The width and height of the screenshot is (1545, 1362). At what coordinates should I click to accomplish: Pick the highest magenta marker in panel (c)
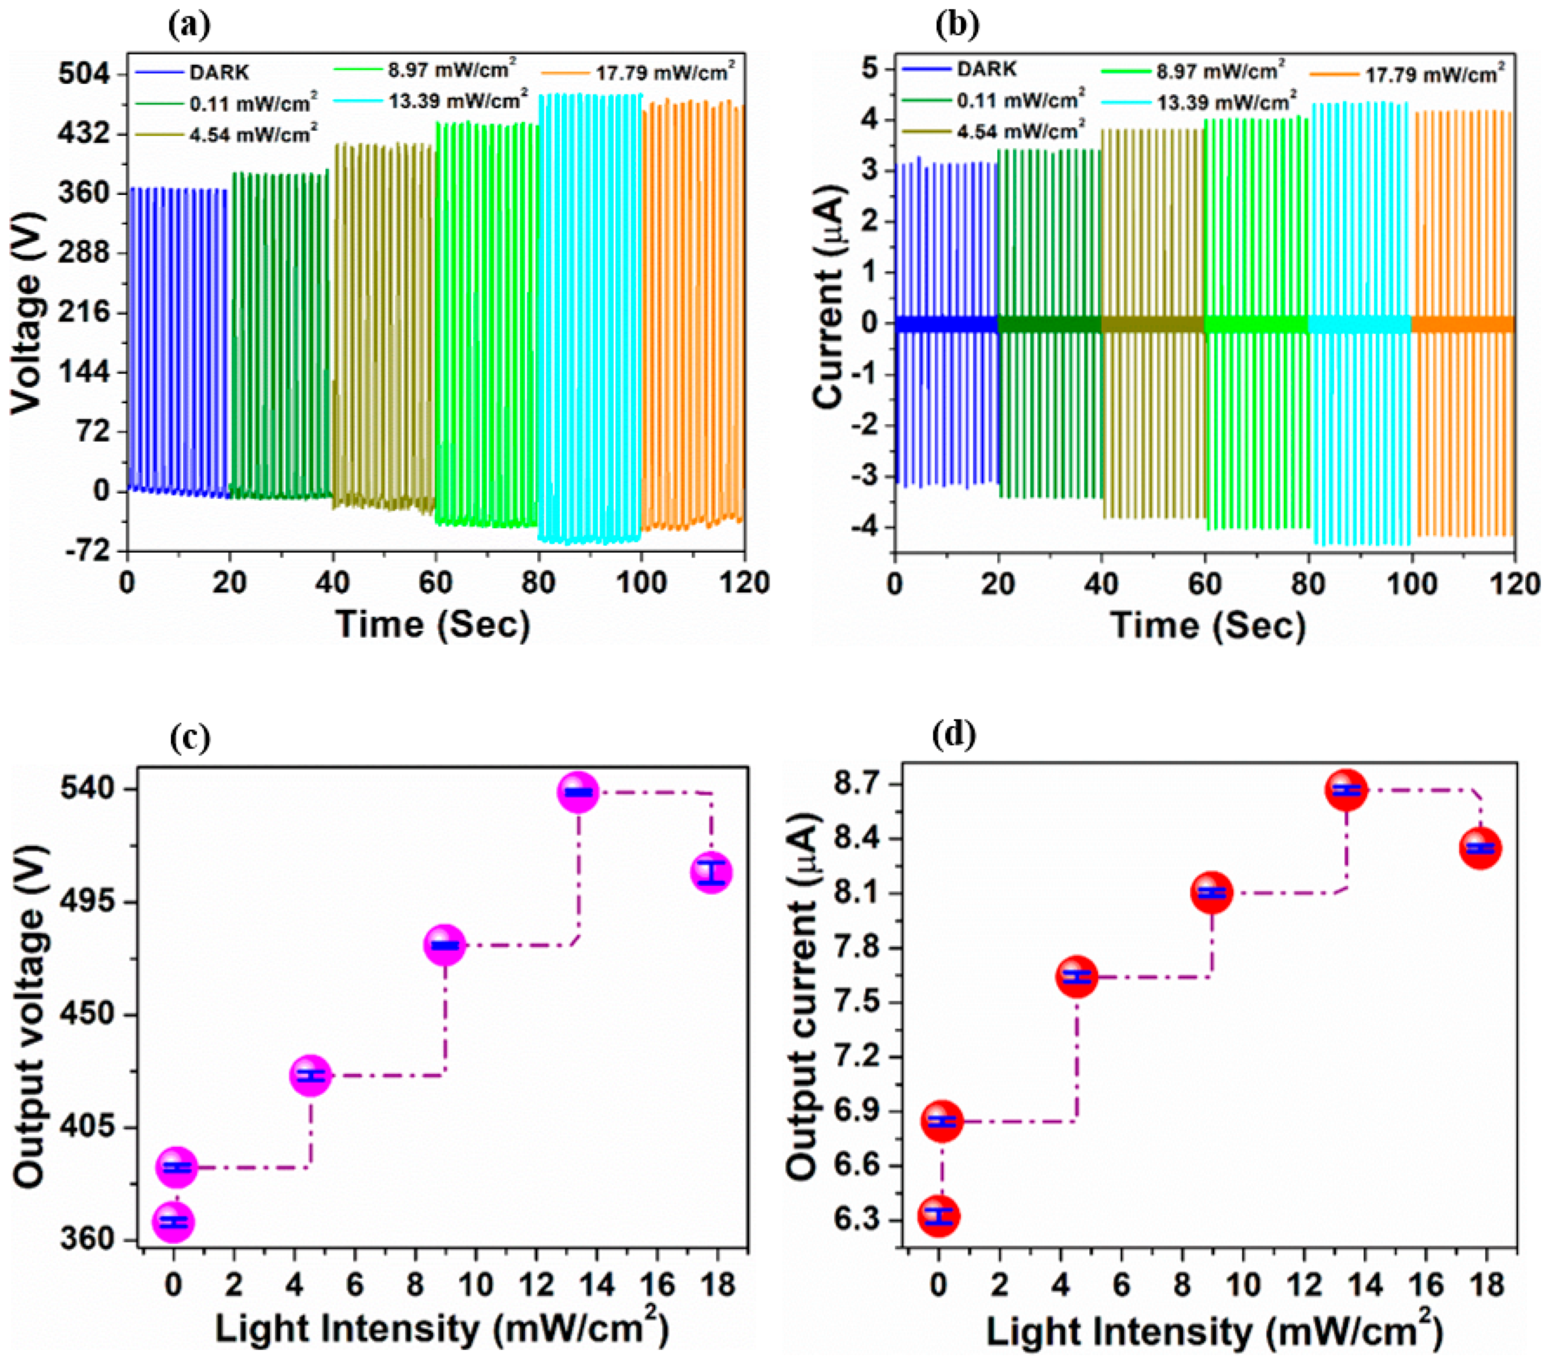(578, 792)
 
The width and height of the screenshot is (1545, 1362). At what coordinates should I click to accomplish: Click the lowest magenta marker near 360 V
(174, 1221)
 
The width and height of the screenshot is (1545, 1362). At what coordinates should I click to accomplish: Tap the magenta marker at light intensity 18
(711, 872)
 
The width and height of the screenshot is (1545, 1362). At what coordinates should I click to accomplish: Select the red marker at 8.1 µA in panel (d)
(1212, 893)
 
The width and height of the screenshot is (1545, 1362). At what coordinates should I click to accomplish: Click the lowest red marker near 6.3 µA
(939, 1216)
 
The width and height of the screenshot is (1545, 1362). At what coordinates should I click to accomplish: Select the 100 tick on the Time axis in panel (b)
(1410, 584)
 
